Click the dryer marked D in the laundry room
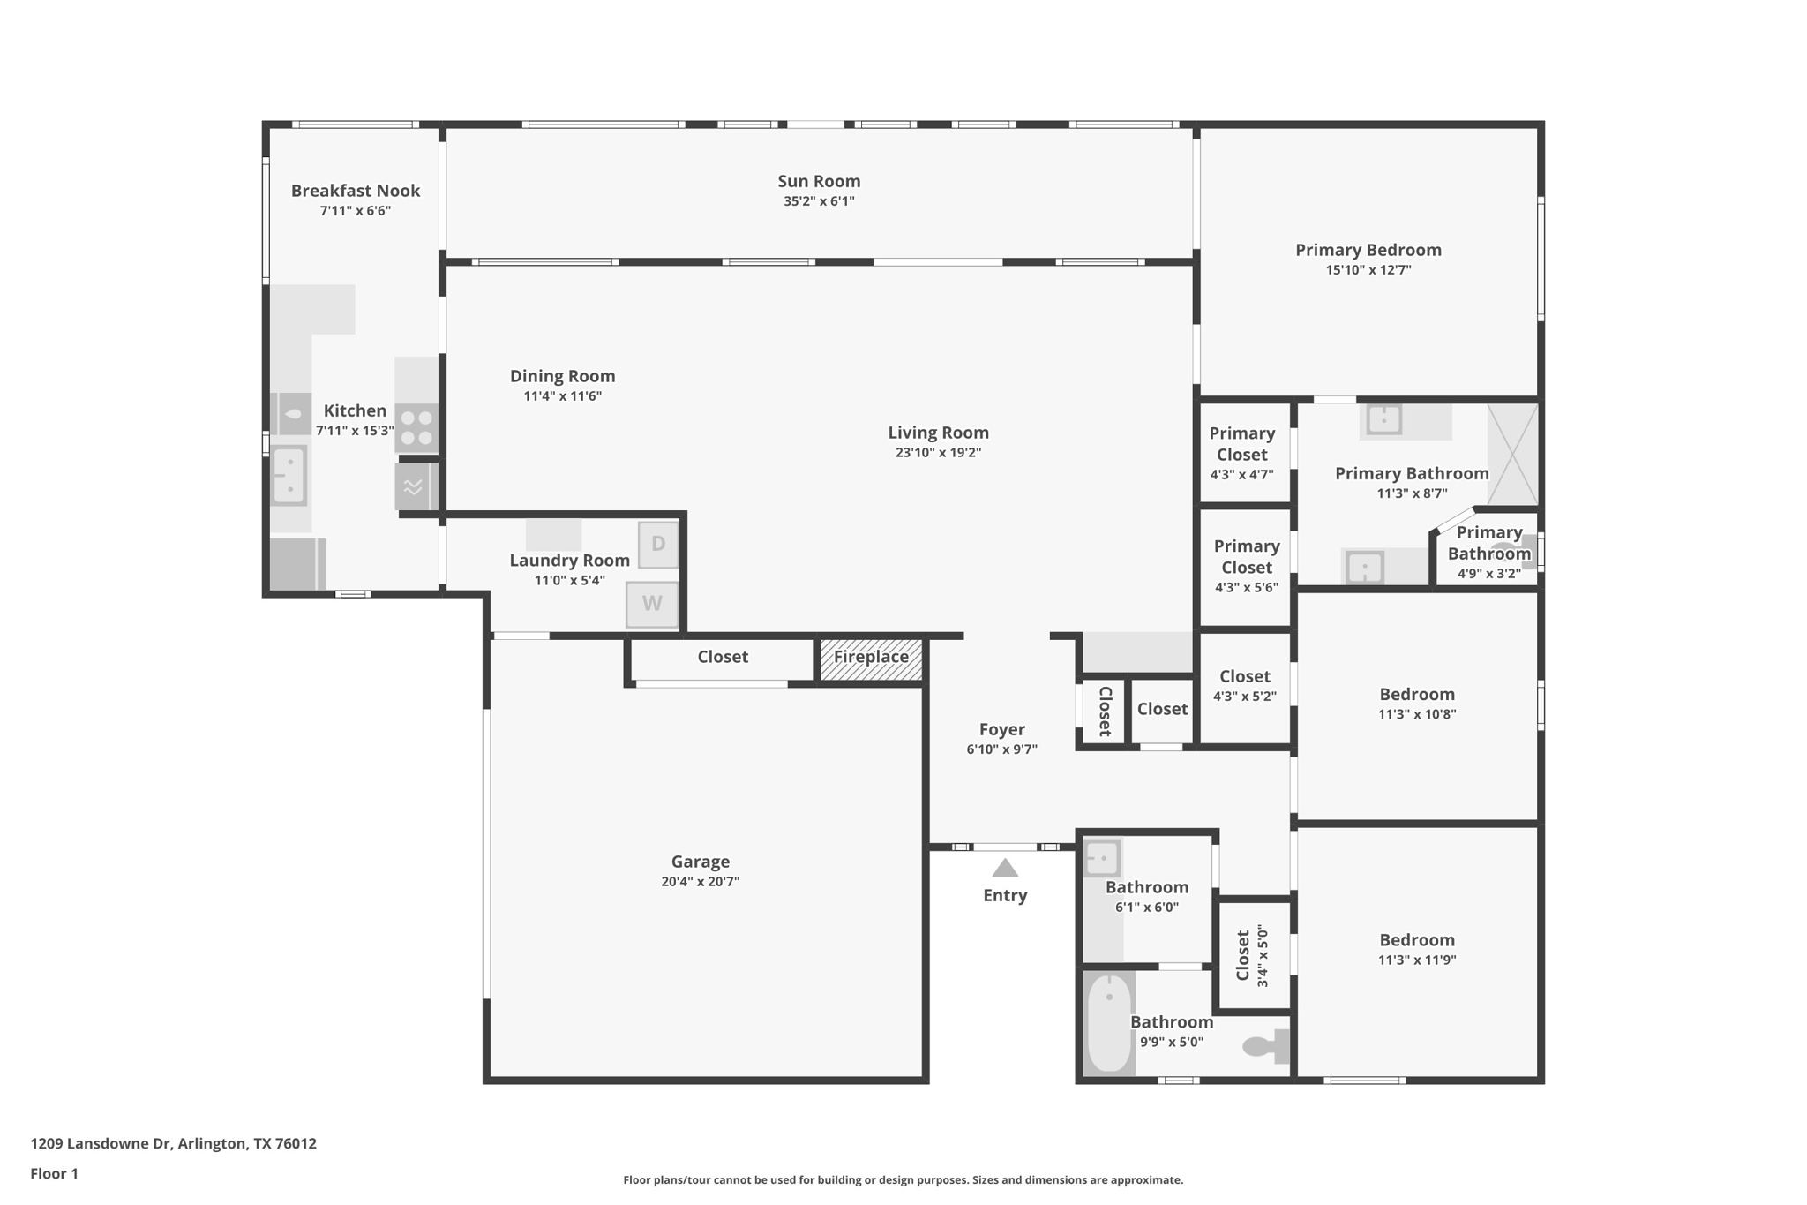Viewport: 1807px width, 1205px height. (x=658, y=545)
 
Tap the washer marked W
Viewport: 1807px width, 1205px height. (x=652, y=604)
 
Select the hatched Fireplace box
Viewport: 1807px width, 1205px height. (x=871, y=659)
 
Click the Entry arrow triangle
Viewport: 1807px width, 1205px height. (x=1005, y=869)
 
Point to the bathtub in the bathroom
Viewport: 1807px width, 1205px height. (x=1109, y=1024)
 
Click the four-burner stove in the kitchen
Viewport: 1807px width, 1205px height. (x=416, y=427)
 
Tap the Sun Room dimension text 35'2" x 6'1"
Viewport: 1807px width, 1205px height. (x=819, y=201)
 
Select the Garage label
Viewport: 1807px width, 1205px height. (x=701, y=862)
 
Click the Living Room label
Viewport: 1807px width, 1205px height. (x=938, y=433)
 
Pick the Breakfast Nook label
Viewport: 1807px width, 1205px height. (x=356, y=191)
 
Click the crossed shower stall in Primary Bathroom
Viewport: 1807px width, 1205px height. (x=1512, y=455)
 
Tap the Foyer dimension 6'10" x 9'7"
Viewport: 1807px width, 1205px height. (x=1001, y=749)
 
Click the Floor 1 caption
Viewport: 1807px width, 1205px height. (x=54, y=1173)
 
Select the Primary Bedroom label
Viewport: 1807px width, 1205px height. (x=1368, y=251)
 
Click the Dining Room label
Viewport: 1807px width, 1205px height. (x=563, y=376)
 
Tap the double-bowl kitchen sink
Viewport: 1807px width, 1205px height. (x=289, y=475)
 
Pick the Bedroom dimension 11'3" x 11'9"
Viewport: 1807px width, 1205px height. (x=1417, y=960)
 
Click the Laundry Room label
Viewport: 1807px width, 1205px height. (x=570, y=561)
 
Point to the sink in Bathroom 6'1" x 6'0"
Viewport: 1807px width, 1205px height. (x=1102, y=857)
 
